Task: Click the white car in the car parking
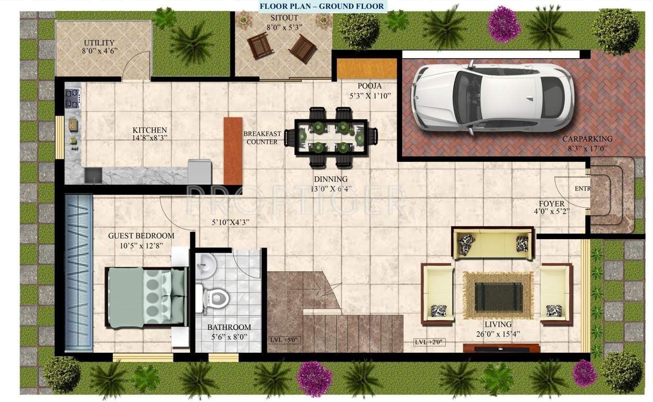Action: (491, 97)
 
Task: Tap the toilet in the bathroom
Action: (215, 298)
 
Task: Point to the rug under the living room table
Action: (498, 295)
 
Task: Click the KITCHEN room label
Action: (150, 130)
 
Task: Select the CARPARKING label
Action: (587, 139)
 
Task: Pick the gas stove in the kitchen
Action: (72, 98)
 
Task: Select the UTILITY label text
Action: (99, 43)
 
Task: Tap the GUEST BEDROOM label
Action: (141, 236)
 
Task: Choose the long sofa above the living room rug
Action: (493, 244)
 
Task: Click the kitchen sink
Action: (94, 176)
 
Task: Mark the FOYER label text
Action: (552, 204)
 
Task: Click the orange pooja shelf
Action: (366, 69)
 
